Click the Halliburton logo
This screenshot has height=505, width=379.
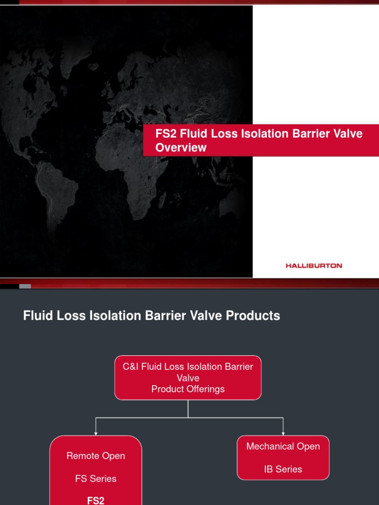pyautogui.click(x=313, y=265)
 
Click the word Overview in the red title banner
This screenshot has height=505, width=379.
pyautogui.click(x=181, y=147)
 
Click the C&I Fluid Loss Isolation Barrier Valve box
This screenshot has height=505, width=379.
pyautogui.click(x=188, y=377)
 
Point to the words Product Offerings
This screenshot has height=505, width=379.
pyautogui.click(x=188, y=389)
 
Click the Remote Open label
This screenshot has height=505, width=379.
pyautogui.click(x=96, y=456)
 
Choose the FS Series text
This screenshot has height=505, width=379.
pyautogui.click(x=96, y=478)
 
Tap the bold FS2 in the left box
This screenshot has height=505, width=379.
pyautogui.click(x=96, y=500)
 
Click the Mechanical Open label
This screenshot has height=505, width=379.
pyautogui.click(x=283, y=446)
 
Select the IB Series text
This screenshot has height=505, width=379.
pyautogui.click(x=283, y=469)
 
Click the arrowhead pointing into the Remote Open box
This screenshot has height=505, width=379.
pyautogui.click(x=96, y=433)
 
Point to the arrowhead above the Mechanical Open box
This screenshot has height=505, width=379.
pyautogui.click(x=283, y=433)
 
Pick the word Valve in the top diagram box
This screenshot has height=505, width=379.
pyautogui.click(x=188, y=378)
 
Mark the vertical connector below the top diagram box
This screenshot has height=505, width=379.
pyautogui.click(x=188, y=408)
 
